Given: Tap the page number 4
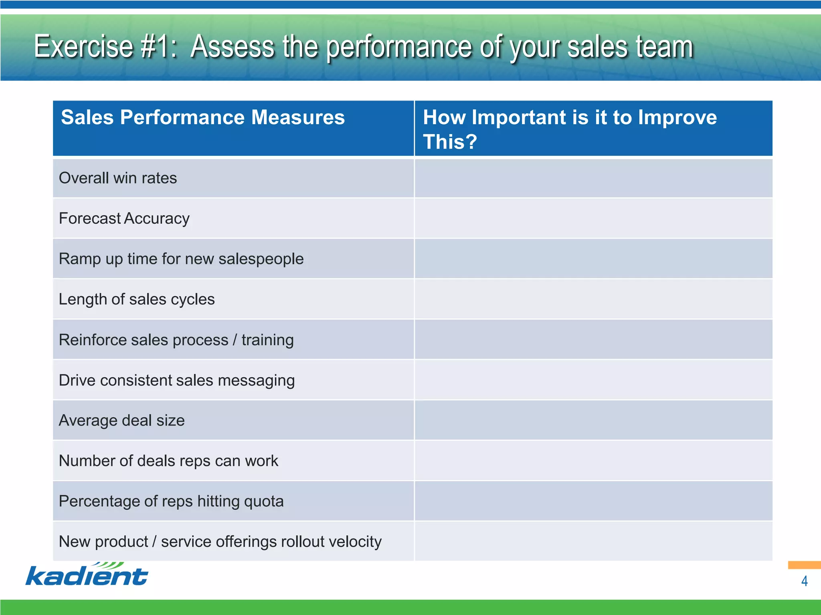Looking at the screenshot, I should coord(804,581).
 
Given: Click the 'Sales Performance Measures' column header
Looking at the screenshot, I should coord(203,118).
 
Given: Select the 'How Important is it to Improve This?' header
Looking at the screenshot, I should coord(569,129).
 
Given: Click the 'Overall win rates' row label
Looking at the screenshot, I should coord(118,178).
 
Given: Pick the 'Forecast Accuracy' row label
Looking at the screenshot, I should coord(124,219).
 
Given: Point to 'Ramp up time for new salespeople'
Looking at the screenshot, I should coord(181,259).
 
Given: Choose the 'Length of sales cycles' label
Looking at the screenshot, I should coord(137,299).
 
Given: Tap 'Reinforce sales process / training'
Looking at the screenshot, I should coord(176,340).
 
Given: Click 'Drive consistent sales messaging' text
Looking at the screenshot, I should coord(177,380).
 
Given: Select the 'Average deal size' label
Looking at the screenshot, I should coord(122,421).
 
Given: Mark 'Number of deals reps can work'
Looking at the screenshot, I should coord(168,461).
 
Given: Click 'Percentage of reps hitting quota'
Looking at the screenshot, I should coord(171,501).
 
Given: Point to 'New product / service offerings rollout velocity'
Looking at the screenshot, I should coord(220,542).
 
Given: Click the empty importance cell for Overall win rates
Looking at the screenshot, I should coord(593,178).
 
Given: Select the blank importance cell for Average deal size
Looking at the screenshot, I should coord(593,420).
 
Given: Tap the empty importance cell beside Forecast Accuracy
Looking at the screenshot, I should coord(593,219).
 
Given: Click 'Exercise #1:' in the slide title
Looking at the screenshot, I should coord(105,46).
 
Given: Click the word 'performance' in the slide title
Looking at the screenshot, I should coord(399,47).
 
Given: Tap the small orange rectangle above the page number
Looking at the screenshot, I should coord(804,565).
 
